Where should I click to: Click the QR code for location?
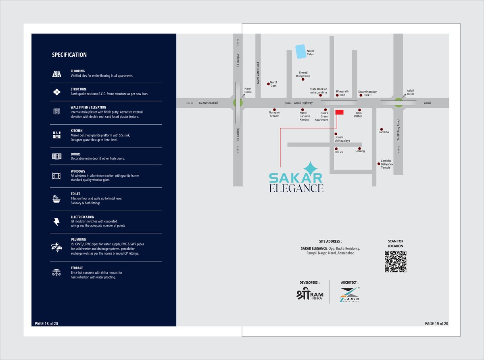pyautogui.click(x=395, y=261)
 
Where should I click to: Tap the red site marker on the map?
pyautogui.click(x=339, y=112)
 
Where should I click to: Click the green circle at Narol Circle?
pyautogui.click(x=237, y=103)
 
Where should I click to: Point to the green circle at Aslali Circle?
pyautogui.click(x=398, y=103)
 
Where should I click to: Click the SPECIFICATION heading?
pyautogui.click(x=69, y=55)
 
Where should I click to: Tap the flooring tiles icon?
pyautogui.click(x=56, y=73)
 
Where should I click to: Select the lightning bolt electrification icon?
pyautogui.click(x=56, y=222)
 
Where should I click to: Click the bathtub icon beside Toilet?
pyautogui.click(x=56, y=198)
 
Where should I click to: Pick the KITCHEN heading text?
pyautogui.click(x=77, y=131)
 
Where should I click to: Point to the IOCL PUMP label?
pyautogui.click(x=358, y=114)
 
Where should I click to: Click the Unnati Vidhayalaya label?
pyautogui.click(x=342, y=139)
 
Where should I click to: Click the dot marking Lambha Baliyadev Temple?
pyautogui.click(x=378, y=163)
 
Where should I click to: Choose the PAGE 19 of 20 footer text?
pyautogui.click(x=436, y=324)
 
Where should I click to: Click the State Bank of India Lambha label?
pyautogui.click(x=318, y=91)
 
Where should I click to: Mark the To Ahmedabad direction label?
pyautogui.click(x=208, y=103)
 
